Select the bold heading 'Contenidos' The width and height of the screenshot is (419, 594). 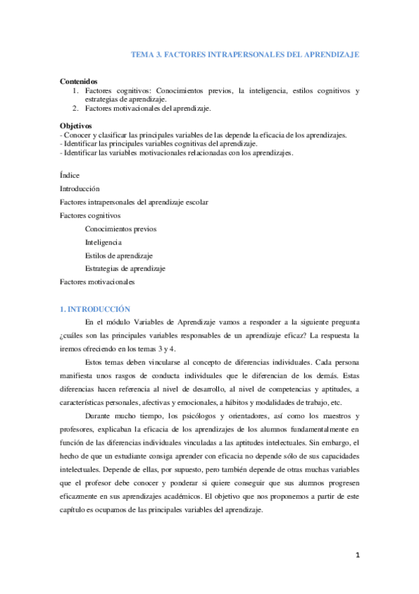79,81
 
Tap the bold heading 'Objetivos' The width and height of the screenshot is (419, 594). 76,125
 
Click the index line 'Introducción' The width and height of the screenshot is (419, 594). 80,188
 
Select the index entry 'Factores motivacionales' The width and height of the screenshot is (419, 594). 97,282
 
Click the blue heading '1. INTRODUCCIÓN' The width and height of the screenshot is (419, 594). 95,309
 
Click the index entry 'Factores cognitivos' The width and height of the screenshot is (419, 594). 90,215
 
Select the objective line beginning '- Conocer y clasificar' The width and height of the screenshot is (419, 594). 203,134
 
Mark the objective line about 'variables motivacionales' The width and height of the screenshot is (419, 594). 177,153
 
